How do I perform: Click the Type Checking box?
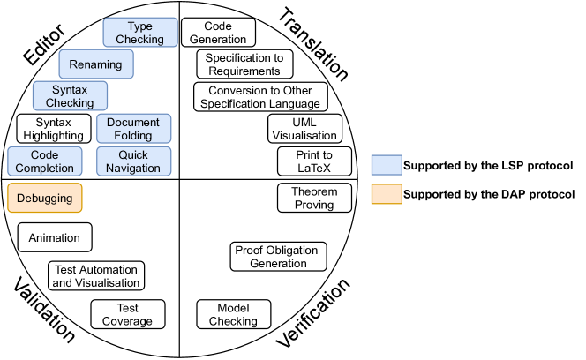pyautogui.click(x=140, y=33)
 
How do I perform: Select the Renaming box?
pyautogui.click(x=97, y=64)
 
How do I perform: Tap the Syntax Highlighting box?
pyautogui.click(x=53, y=129)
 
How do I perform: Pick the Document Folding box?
pyautogui.click(x=134, y=129)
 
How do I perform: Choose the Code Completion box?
pyautogui.click(x=45, y=161)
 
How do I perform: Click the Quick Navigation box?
pyautogui.click(x=134, y=161)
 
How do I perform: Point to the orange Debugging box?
pyautogui.click(x=45, y=199)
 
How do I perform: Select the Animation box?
pyautogui.click(x=55, y=237)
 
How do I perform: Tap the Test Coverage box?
pyautogui.click(x=127, y=314)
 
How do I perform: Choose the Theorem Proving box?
pyautogui.click(x=314, y=198)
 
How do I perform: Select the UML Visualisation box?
pyautogui.click(x=304, y=129)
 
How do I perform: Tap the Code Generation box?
pyautogui.click(x=218, y=33)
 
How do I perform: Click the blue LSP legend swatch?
pyautogui.click(x=386, y=165)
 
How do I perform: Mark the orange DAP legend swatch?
pyautogui.click(x=386, y=194)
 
